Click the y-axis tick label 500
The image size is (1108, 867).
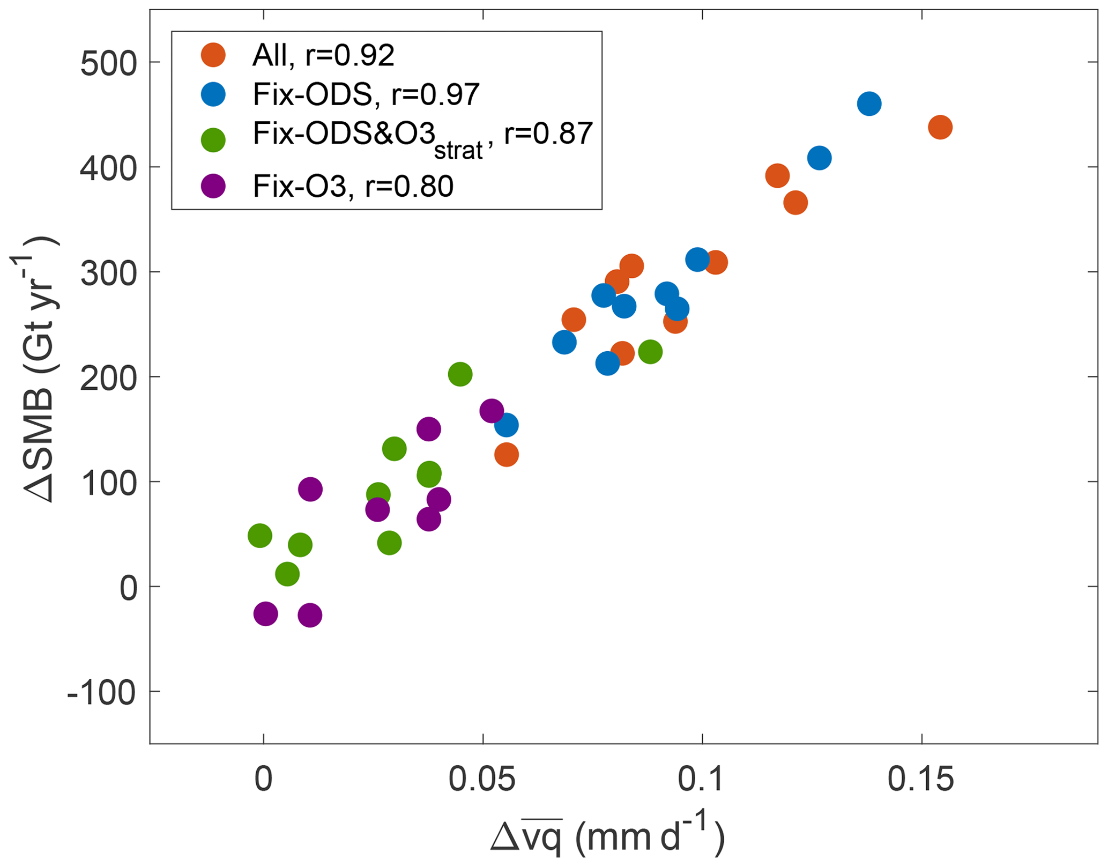click(x=108, y=64)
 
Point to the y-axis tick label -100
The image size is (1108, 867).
click(x=101, y=693)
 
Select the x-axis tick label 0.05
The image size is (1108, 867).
click(x=482, y=779)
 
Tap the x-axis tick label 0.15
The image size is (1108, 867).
click(x=921, y=779)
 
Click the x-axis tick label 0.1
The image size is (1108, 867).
click(x=702, y=779)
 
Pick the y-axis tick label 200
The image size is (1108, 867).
click(x=108, y=379)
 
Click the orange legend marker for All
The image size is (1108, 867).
click(x=213, y=55)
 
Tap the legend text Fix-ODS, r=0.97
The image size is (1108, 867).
click(x=366, y=95)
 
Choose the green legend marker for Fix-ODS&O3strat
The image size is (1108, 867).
click(x=213, y=140)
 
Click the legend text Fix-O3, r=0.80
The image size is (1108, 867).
click(x=353, y=187)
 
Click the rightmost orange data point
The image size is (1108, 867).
click(x=940, y=128)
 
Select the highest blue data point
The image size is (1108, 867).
click(x=869, y=103)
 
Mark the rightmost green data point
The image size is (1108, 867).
click(x=650, y=352)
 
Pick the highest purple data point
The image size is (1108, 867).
click(x=492, y=411)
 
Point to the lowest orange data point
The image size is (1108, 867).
click(x=507, y=455)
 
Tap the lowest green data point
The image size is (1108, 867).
click(x=287, y=574)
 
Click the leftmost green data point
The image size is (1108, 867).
click(x=260, y=536)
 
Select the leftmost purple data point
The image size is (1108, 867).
click(x=265, y=613)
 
